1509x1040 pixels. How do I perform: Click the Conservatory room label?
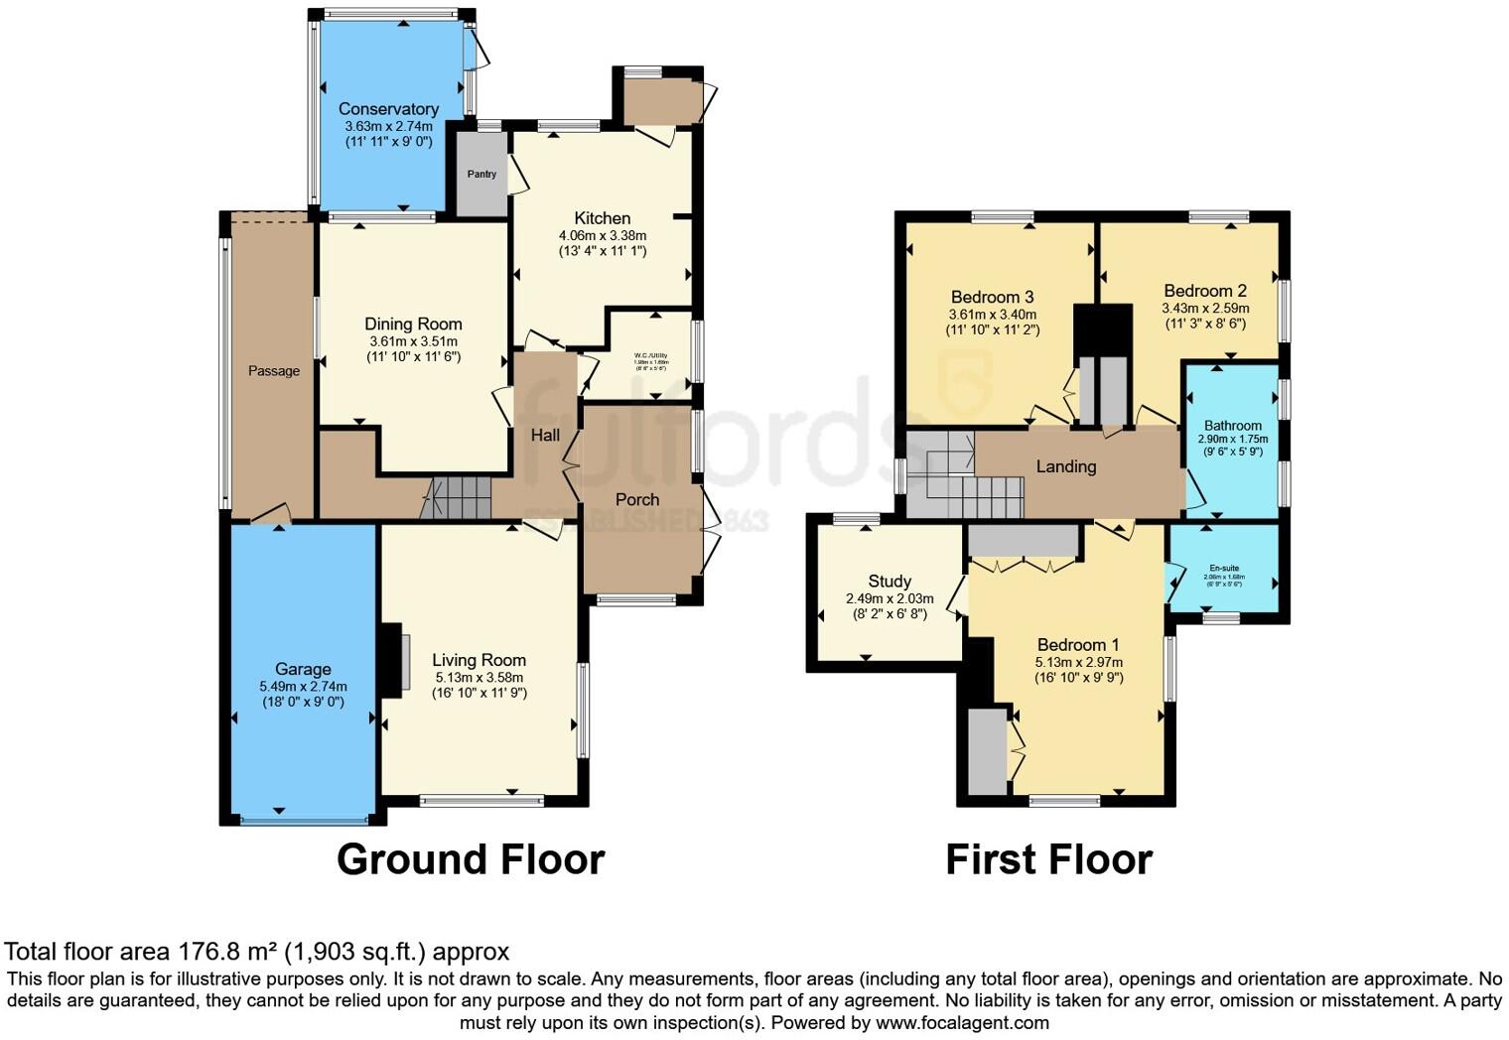pyautogui.click(x=388, y=109)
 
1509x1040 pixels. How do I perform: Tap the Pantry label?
pyautogui.click(x=481, y=175)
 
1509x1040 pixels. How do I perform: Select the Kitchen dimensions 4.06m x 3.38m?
pyautogui.click(x=602, y=236)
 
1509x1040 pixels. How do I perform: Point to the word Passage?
pyautogui.click(x=273, y=371)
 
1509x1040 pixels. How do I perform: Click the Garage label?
pyautogui.click(x=303, y=670)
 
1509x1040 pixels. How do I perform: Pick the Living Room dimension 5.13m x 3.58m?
pyautogui.click(x=479, y=678)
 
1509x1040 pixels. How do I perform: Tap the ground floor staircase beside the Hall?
pyautogui.click(x=458, y=497)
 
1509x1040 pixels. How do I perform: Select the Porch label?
pyautogui.click(x=637, y=500)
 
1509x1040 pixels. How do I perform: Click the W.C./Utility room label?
pyautogui.click(x=650, y=355)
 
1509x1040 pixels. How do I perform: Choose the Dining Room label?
pyautogui.click(x=413, y=325)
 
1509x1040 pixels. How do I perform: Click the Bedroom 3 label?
pyautogui.click(x=992, y=298)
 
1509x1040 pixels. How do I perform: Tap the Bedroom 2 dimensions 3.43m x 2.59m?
pyautogui.click(x=1205, y=309)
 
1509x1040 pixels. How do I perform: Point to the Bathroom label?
pyautogui.click(x=1232, y=426)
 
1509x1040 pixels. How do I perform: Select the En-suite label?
pyautogui.click(x=1222, y=569)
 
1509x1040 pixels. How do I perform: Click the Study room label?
pyautogui.click(x=890, y=582)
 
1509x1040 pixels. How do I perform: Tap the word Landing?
pyautogui.click(x=1066, y=466)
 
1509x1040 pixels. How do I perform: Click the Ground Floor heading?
pyautogui.click(x=471, y=859)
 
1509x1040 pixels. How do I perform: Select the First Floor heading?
pyautogui.click(x=1048, y=859)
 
